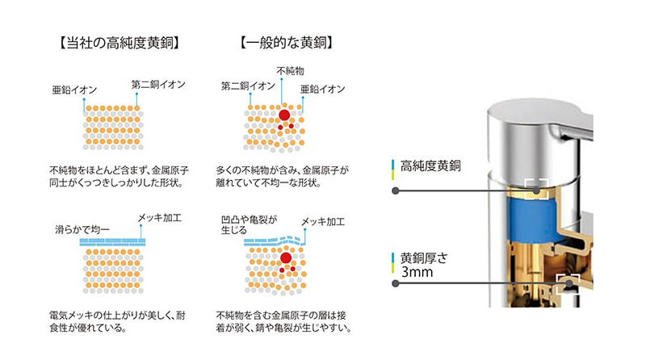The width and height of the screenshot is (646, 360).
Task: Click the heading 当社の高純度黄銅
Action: (119, 43)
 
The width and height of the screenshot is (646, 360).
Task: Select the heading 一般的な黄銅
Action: (287, 43)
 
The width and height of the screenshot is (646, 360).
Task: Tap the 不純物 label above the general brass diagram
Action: (291, 71)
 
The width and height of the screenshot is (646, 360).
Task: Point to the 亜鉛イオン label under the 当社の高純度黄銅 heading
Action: (74, 90)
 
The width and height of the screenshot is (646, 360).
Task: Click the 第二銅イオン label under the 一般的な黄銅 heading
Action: (248, 86)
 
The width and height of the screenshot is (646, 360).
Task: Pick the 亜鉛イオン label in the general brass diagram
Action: (322, 89)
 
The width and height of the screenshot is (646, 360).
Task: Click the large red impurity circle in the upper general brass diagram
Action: (284, 115)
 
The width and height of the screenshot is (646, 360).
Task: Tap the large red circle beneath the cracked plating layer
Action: (286, 258)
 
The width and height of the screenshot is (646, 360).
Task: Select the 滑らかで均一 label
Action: (82, 229)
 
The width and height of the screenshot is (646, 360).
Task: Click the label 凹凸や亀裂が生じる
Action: (249, 225)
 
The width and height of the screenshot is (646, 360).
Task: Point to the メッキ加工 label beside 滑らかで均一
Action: (159, 217)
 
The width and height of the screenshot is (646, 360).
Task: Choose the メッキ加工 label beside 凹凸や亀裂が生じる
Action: (323, 222)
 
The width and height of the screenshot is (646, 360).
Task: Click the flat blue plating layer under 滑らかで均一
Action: (112, 242)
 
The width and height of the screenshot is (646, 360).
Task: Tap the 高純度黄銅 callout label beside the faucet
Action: (430, 166)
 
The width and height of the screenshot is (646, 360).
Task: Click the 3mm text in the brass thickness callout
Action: (417, 272)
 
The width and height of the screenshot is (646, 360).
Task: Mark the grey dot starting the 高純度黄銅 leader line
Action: (395, 190)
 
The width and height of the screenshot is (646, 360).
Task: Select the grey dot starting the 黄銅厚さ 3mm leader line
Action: (395, 283)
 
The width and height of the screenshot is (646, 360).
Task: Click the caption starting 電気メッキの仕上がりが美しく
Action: (117, 322)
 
